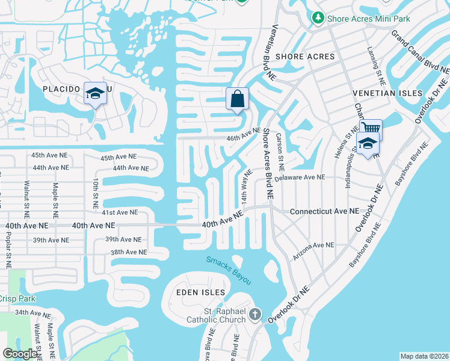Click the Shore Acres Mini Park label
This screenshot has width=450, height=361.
point(368,19)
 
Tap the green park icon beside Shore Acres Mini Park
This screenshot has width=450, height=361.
point(318,19)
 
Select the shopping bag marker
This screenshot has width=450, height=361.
point(237,98)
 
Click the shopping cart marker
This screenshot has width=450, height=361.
point(371,128)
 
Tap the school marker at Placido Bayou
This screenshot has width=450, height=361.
point(95,93)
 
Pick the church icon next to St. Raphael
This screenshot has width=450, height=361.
point(255,314)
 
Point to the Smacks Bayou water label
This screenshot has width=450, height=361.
point(229,271)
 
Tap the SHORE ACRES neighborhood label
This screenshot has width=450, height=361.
point(304,57)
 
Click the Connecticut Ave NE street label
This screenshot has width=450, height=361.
point(324,212)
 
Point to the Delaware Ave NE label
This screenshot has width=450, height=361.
point(299,177)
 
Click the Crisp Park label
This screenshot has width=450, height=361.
point(17,298)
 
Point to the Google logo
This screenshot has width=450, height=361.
point(20,354)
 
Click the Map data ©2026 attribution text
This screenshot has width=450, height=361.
point(424,356)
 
